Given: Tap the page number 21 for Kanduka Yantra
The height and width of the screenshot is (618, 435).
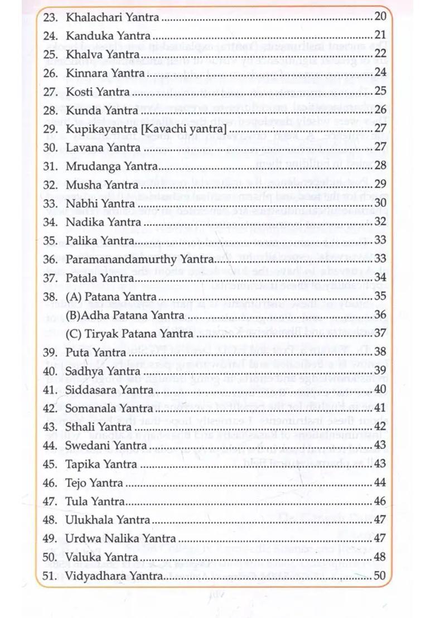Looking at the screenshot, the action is (380, 36).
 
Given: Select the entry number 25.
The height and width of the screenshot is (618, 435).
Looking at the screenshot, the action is (51, 55).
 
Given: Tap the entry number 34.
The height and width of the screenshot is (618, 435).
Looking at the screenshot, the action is (51, 222).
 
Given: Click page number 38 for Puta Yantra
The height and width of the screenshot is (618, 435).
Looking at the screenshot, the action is (380, 352).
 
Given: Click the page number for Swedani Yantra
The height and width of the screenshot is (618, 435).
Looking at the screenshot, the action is (380, 445).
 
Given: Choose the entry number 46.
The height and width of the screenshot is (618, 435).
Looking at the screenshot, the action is (51, 482).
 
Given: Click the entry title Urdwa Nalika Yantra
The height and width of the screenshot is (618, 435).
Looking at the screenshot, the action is (120, 538).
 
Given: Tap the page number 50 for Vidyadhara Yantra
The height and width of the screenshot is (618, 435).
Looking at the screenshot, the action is (380, 576).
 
